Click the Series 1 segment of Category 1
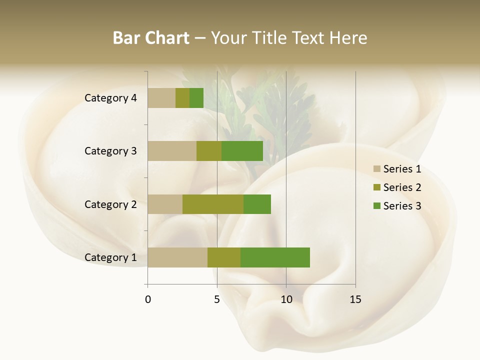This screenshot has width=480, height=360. (x=177, y=257)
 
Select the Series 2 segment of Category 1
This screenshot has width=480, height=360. (x=224, y=257)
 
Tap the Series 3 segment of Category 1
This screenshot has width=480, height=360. (x=275, y=257)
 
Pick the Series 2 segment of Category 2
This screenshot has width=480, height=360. (x=213, y=204)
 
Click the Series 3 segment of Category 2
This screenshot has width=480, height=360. (x=257, y=204)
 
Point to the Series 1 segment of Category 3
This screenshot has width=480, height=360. (x=172, y=151)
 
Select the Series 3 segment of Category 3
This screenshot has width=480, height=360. (x=242, y=151)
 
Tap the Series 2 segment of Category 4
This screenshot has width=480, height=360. (x=182, y=98)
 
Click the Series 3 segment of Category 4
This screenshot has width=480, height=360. (x=196, y=98)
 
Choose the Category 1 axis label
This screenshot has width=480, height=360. (x=110, y=257)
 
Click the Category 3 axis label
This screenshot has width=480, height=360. (x=110, y=151)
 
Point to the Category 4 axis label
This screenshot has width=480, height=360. (x=110, y=98)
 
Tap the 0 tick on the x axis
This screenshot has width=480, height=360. (x=148, y=299)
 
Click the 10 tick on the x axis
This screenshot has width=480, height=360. (x=286, y=299)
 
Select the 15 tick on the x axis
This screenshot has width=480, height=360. (x=355, y=299)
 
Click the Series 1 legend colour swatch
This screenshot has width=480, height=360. (x=376, y=169)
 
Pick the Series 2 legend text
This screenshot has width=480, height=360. (x=402, y=187)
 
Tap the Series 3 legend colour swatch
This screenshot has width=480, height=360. (x=376, y=206)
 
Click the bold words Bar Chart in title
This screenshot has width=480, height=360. (x=151, y=38)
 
